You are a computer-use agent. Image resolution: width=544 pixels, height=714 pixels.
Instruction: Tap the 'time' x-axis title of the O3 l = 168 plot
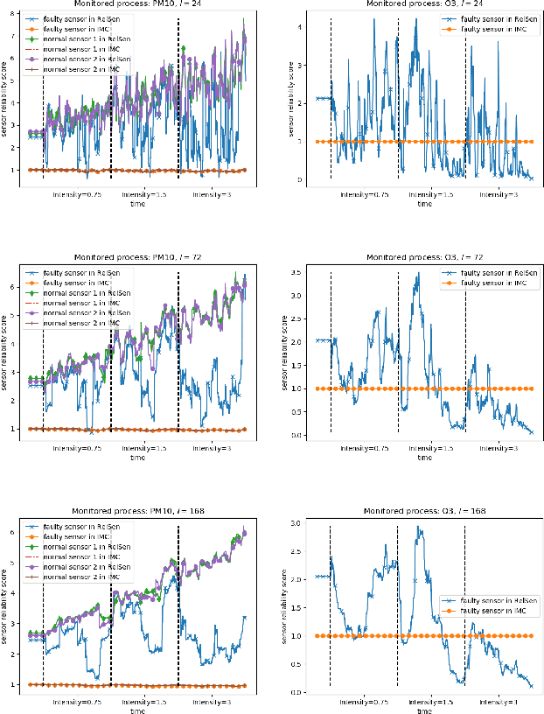point(423,710)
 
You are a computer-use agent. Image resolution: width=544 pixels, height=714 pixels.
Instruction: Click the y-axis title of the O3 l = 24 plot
point(284,98)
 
